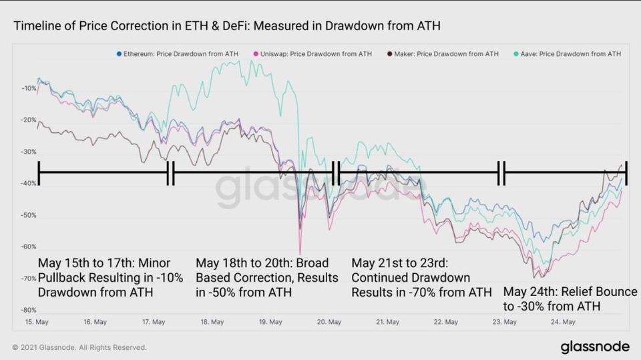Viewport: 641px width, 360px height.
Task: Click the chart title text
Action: tap(227, 26)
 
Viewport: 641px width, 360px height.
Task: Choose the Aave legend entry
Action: tap(568, 53)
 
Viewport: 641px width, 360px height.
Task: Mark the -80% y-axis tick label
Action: tap(28, 310)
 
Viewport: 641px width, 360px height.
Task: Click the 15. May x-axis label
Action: tap(37, 322)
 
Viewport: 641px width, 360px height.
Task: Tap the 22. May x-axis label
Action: tap(447, 322)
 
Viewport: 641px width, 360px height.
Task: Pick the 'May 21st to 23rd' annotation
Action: tap(421, 277)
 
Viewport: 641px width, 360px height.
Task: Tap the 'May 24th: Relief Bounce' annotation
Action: tap(570, 299)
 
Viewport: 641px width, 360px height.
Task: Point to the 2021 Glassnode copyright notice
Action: tap(79, 347)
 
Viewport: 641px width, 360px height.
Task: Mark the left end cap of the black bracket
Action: tap(39, 172)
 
